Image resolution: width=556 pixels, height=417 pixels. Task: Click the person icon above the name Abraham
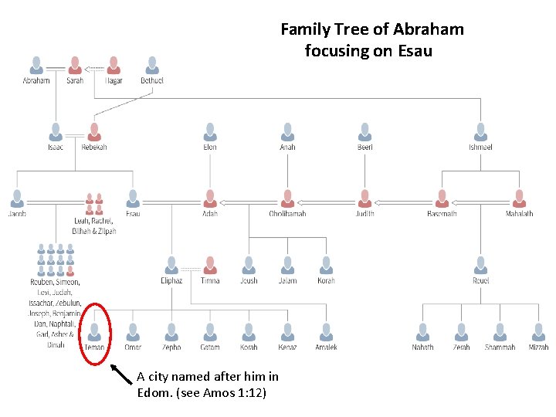(x=36, y=65)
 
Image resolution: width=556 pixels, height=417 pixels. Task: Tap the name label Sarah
(x=75, y=80)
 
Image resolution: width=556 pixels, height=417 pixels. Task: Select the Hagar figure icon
(x=114, y=65)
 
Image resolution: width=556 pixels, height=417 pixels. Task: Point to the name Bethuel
(x=152, y=80)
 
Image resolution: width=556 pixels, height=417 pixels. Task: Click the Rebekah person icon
(x=94, y=131)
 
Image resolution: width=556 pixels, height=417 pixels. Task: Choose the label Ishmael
(x=480, y=147)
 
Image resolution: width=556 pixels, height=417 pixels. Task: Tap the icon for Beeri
(x=364, y=131)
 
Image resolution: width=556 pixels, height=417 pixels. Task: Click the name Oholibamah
(x=287, y=214)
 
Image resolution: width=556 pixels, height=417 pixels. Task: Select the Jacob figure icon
(x=17, y=198)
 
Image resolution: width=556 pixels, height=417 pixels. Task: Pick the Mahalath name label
(x=519, y=214)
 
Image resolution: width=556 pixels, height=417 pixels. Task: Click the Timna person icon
(x=210, y=265)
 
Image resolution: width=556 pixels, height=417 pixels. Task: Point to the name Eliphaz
(x=171, y=281)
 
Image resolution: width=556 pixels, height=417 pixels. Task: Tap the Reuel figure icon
(x=480, y=265)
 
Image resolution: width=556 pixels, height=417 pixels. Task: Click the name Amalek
(x=326, y=347)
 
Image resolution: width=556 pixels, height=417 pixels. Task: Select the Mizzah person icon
(x=538, y=332)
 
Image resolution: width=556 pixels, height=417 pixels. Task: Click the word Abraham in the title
(x=429, y=29)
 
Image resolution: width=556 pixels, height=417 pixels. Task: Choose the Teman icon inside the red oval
(x=94, y=332)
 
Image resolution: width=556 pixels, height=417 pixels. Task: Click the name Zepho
(x=171, y=347)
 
